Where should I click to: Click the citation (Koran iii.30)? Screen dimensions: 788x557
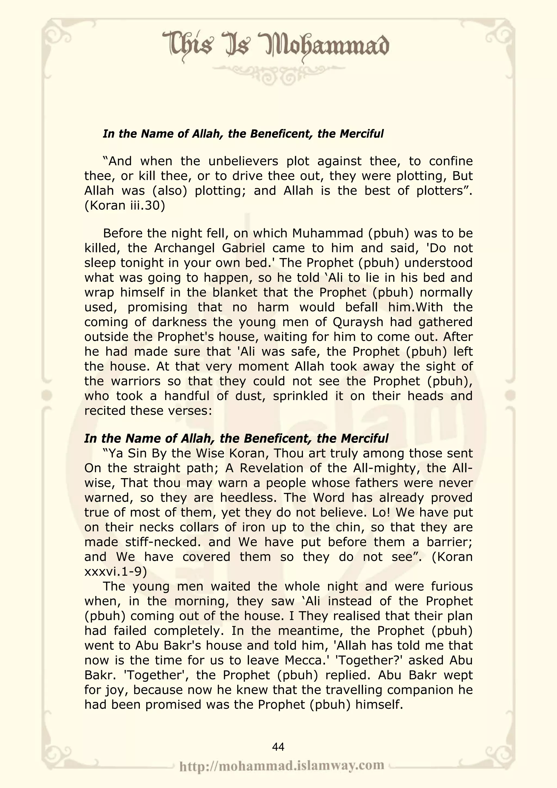125,206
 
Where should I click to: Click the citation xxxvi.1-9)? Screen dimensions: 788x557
116,571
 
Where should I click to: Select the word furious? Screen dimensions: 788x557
452,586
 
